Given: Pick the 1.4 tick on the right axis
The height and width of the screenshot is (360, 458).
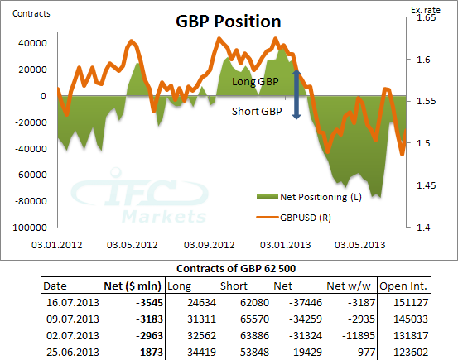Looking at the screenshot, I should coord(421,227).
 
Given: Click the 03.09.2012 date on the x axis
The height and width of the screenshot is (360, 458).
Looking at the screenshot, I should coord(210,244).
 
